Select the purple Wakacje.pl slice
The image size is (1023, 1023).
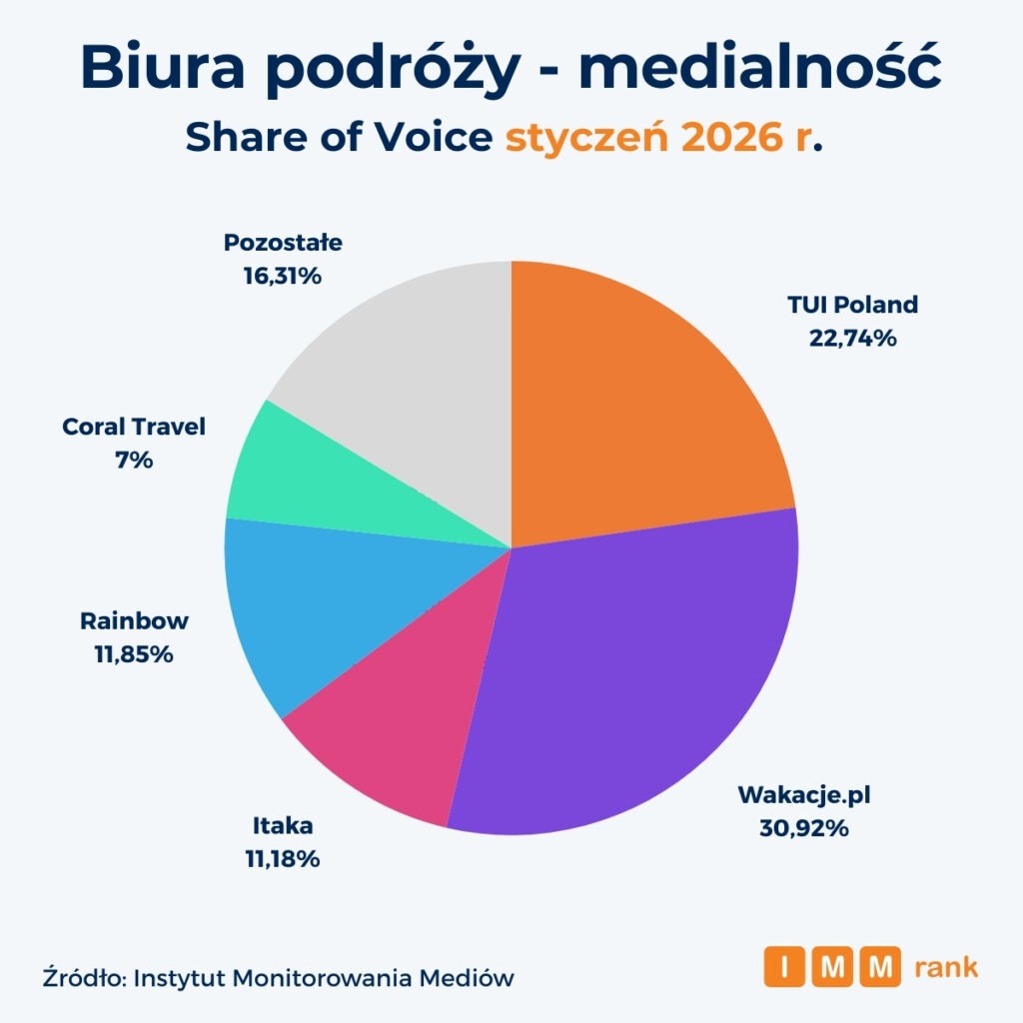629,679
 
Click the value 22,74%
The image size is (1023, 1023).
852,338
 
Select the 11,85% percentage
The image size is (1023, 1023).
134,654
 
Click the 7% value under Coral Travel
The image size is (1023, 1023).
133,461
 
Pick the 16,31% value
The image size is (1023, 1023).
283,275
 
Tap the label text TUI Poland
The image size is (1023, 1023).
852,305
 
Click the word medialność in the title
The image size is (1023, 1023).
759,70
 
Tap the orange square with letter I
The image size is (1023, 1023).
784,967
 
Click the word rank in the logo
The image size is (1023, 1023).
945,967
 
